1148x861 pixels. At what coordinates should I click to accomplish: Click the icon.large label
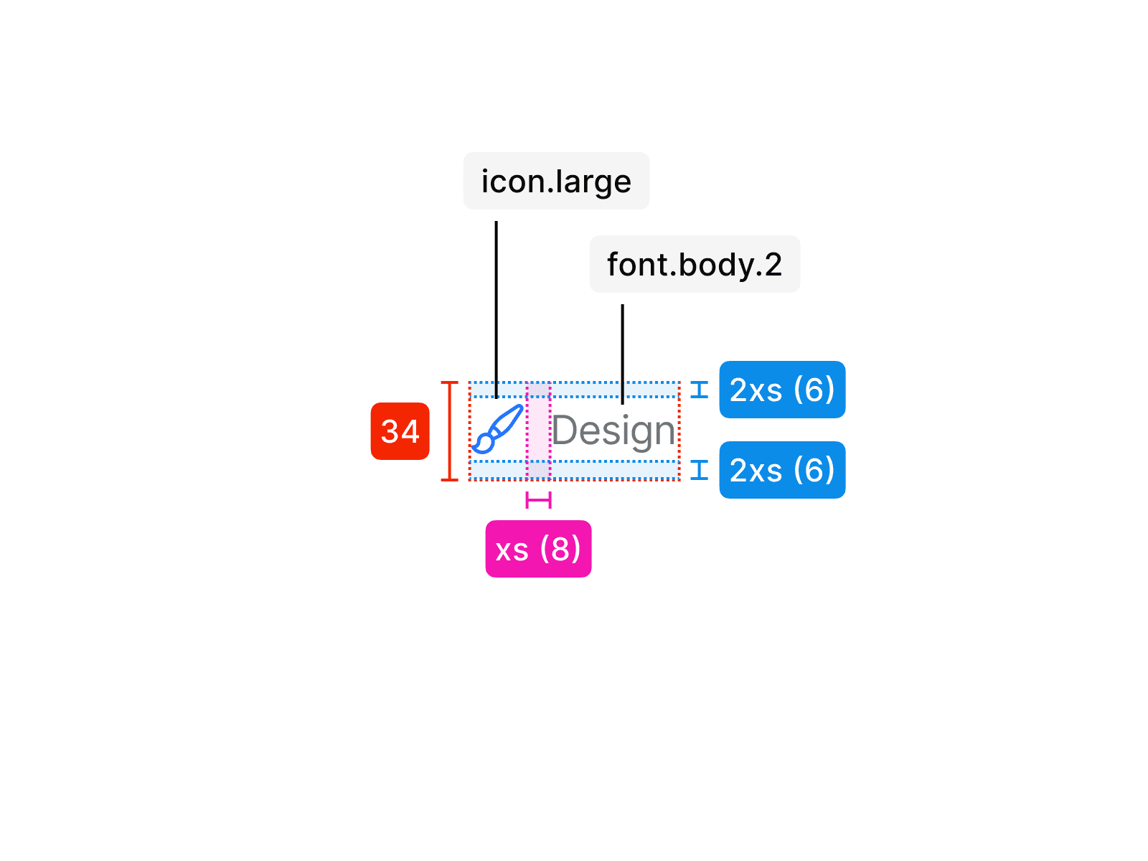(x=556, y=181)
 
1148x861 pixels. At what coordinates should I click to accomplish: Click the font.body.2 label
(x=695, y=264)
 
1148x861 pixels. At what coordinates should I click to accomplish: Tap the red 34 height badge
(x=400, y=431)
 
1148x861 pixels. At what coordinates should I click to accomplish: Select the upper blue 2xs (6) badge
(x=782, y=390)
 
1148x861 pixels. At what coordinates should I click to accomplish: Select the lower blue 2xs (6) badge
(x=782, y=470)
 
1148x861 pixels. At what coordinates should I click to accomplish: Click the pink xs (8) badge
(x=538, y=549)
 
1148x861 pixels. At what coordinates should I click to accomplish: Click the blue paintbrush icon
(x=497, y=429)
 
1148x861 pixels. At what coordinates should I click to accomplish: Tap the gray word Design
(x=613, y=431)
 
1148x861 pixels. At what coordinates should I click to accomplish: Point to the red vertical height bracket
(x=449, y=430)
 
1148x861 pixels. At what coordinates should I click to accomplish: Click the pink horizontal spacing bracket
(x=538, y=500)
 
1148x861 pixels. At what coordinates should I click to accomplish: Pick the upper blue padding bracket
(x=700, y=390)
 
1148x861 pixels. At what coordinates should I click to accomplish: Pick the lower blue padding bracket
(x=700, y=470)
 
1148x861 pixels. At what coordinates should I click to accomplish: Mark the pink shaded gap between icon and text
(x=538, y=430)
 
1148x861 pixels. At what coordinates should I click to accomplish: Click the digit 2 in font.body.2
(x=773, y=265)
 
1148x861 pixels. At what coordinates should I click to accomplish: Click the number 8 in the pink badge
(x=560, y=549)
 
